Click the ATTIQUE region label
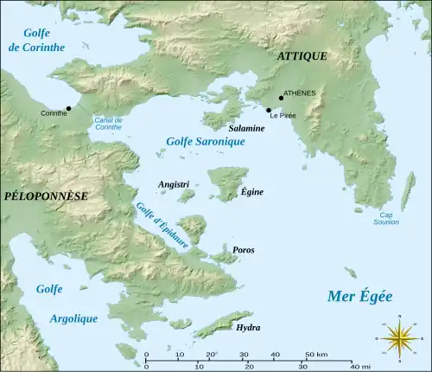pos(302,56)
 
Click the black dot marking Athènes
pos(281,98)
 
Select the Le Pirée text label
pos(284,116)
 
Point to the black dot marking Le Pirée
pos(269,111)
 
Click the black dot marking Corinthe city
pos(68,108)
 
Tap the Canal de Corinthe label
pos(109,123)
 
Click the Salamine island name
pos(246,127)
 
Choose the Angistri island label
pos(174,185)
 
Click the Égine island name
pos(252,191)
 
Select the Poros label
pos(244,250)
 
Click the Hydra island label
pos(247,328)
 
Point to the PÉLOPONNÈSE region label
pos(46,196)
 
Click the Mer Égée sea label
pos(359,297)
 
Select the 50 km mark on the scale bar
pos(316,356)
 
